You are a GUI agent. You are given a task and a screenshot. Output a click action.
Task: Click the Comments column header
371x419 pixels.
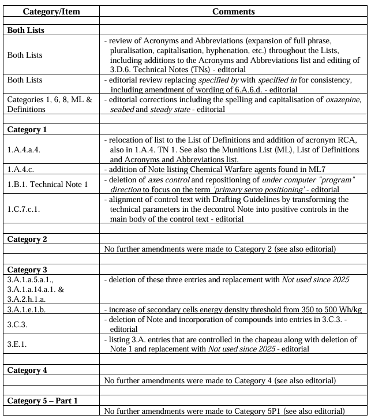coord(233,11)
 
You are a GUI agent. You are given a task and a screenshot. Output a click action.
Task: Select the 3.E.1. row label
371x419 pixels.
coord(17,345)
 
